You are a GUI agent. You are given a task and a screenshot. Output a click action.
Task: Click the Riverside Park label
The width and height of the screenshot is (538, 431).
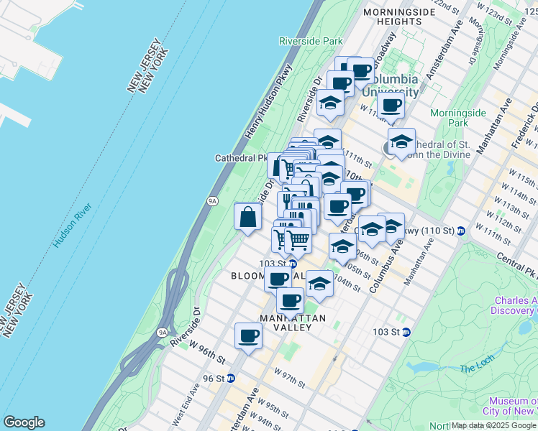311,42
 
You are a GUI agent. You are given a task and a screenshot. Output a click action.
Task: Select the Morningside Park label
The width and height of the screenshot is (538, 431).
449,118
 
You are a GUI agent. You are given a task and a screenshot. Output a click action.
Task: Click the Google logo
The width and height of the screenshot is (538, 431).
24,422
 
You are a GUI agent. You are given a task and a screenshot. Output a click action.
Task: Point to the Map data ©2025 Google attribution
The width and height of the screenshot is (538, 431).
493,425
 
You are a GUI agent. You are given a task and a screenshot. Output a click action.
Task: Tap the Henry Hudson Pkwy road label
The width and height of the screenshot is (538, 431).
269,101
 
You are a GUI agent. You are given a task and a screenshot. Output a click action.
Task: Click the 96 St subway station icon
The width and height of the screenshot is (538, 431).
230,378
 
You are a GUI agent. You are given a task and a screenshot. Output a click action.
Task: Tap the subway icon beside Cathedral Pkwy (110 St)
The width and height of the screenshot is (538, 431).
460,231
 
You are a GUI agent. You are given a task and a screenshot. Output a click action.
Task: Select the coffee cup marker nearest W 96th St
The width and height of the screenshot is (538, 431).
248,335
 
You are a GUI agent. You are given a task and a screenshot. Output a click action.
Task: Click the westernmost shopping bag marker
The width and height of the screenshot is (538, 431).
247,216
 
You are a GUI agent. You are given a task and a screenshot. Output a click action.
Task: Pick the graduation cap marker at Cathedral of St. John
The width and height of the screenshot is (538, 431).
401,139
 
